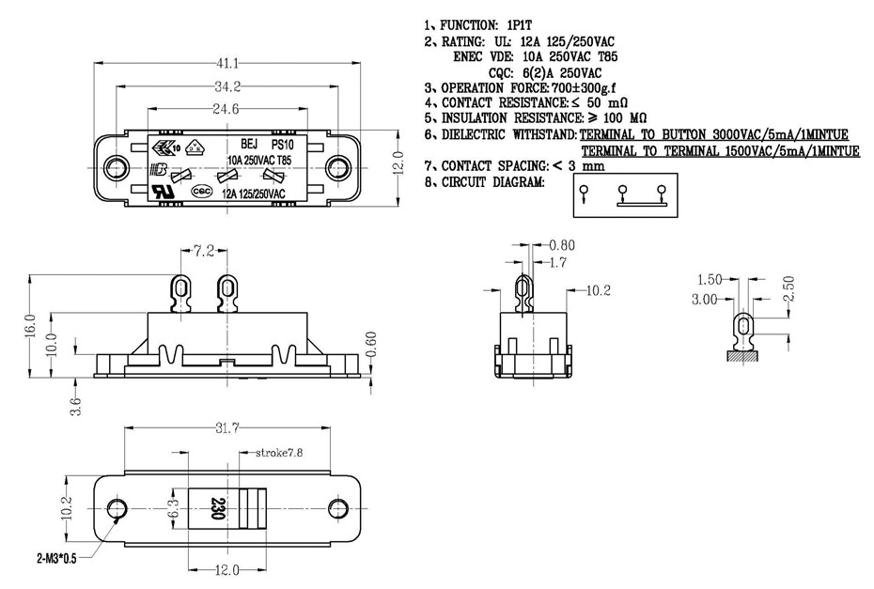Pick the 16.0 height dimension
[31, 326]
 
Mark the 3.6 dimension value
[75, 406]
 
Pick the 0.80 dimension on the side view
[561, 245]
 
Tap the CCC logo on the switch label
[200, 190]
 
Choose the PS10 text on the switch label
[283, 146]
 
